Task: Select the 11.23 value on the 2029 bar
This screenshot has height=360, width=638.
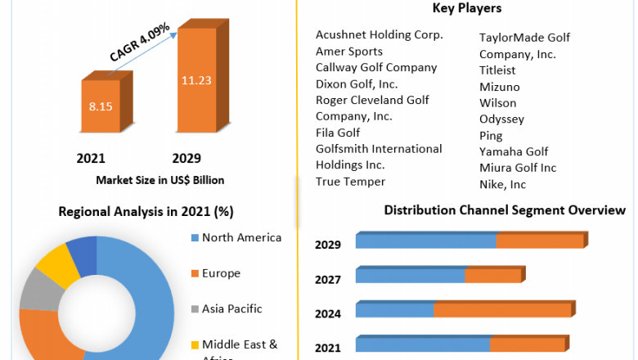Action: point(197,80)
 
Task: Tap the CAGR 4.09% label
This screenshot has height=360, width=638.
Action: point(140,43)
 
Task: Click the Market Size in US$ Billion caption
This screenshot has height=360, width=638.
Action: point(160,180)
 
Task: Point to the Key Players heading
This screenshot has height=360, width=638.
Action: point(466,8)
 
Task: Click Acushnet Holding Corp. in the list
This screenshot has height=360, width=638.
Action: point(380,34)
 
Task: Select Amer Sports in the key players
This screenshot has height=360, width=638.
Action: point(350,51)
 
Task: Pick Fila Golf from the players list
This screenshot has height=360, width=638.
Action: point(338,133)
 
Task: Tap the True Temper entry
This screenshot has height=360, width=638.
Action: point(350,182)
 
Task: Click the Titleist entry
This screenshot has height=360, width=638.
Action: point(497,70)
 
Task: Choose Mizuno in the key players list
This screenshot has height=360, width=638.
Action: point(499,87)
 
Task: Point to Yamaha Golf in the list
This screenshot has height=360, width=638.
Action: point(514,151)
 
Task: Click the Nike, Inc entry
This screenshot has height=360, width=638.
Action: point(503,184)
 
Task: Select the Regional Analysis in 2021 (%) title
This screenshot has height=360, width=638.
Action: point(146,211)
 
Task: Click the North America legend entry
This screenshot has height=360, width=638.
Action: point(241,238)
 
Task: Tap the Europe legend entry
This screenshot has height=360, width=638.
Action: point(221,273)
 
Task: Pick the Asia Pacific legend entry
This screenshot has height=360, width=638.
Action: point(231,308)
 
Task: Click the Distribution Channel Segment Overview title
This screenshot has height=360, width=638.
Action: point(505,210)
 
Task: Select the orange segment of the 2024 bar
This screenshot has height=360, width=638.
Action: point(502,310)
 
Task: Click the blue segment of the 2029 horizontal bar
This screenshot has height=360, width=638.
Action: point(426,241)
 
